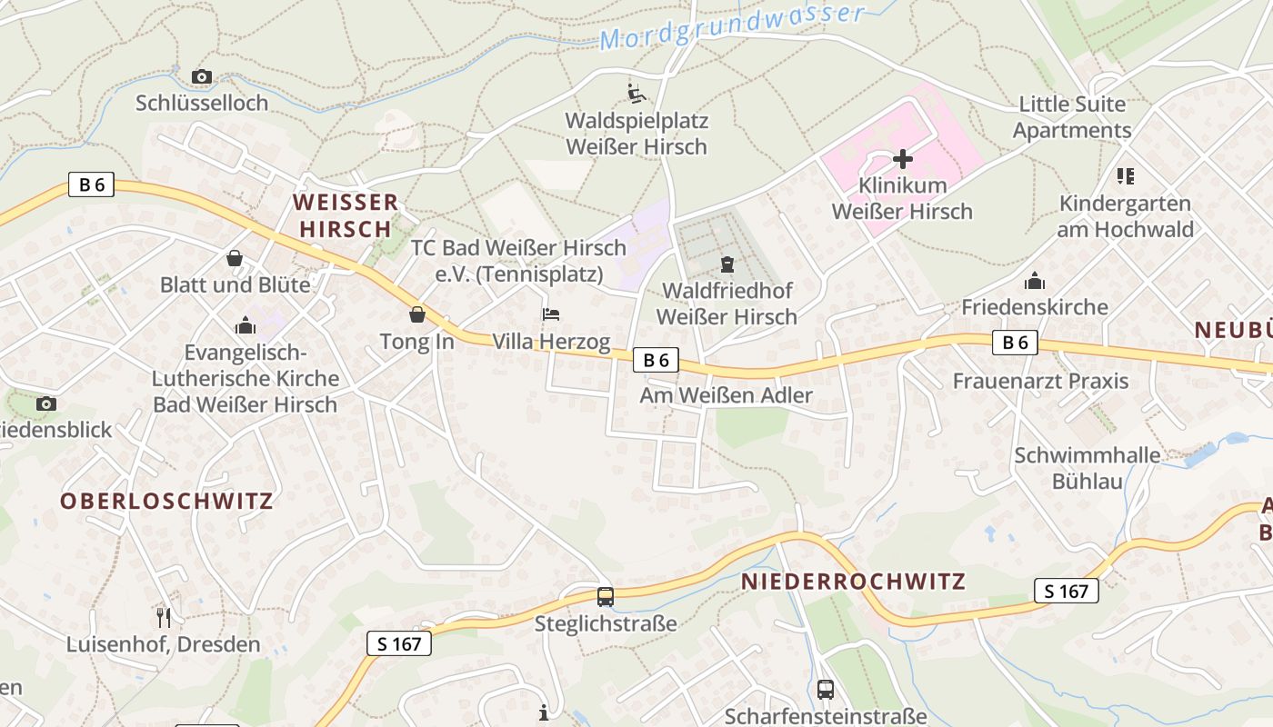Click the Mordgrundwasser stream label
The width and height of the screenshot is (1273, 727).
(732, 27)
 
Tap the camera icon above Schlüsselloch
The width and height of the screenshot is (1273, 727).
(202, 77)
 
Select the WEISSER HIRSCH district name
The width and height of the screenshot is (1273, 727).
(346, 215)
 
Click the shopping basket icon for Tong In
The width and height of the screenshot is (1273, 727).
(417, 314)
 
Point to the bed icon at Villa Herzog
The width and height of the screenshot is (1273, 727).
(551, 314)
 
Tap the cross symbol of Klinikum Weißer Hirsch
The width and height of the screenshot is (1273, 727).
(902, 160)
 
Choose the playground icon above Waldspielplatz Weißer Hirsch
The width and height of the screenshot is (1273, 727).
(636, 93)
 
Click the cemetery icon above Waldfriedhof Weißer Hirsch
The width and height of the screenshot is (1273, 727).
(727, 264)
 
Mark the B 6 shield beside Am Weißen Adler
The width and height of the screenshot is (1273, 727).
(656, 361)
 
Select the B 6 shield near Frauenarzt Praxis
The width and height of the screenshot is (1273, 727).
(1015, 343)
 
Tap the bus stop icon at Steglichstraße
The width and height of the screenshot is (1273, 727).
(606, 596)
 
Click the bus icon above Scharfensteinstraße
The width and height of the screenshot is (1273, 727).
(825, 689)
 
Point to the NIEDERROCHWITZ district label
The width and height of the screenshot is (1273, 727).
(853, 582)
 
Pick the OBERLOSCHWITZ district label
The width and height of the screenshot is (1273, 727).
(166, 501)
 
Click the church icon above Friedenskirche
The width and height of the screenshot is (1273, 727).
(1035, 281)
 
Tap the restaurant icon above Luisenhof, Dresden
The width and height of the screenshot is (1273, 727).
(164, 618)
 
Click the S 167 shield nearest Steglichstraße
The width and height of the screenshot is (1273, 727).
(399, 644)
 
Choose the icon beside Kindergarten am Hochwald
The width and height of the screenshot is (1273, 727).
(1125, 176)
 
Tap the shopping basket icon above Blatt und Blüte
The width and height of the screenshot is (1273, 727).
(235, 259)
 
